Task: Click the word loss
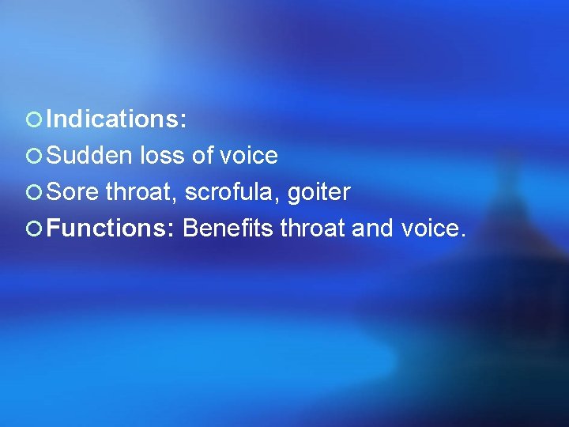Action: (x=163, y=156)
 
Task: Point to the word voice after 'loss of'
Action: (x=249, y=156)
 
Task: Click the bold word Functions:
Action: (x=111, y=229)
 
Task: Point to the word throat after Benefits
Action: (x=312, y=229)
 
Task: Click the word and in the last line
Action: (x=371, y=229)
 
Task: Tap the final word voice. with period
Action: (x=434, y=229)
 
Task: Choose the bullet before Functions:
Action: (x=33, y=229)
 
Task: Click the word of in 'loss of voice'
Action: (x=203, y=156)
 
